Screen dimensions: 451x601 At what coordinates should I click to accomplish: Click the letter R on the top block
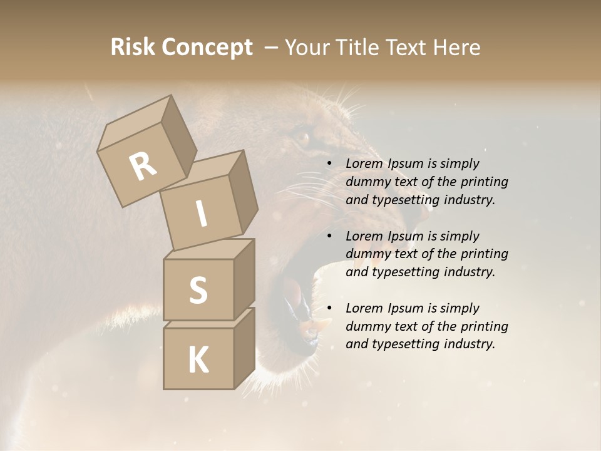[143, 167]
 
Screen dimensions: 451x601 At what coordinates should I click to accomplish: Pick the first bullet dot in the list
[329, 164]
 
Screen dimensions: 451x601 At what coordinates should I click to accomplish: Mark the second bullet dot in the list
[329, 236]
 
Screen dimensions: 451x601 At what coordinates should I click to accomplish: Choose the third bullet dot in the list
[329, 308]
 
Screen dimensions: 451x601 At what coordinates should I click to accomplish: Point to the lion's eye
[302, 137]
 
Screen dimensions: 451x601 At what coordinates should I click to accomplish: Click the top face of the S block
[208, 249]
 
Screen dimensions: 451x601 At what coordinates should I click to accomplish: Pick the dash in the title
[272, 47]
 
